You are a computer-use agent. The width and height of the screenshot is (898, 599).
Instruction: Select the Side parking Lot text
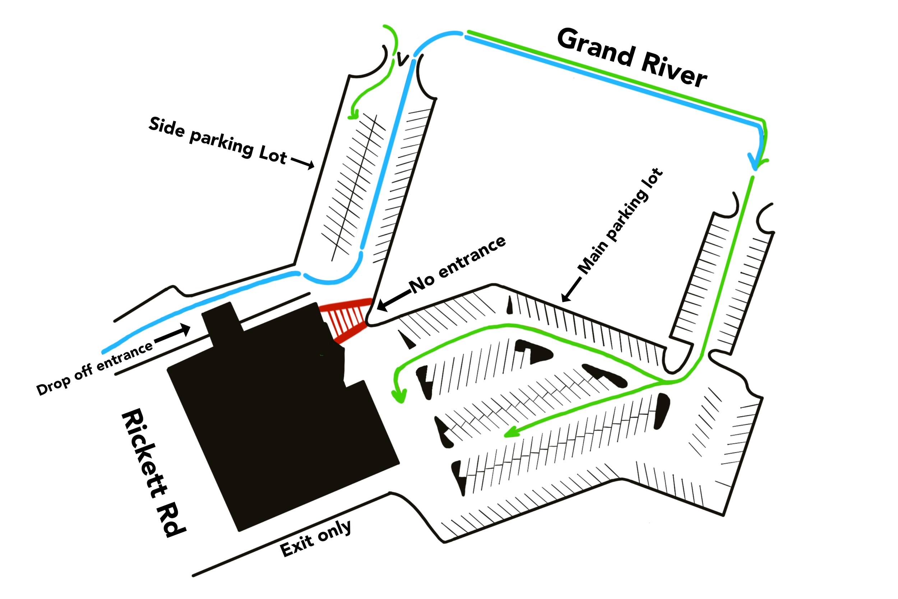pyautogui.click(x=218, y=140)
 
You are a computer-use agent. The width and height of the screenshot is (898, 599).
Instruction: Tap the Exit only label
pyautogui.click(x=315, y=539)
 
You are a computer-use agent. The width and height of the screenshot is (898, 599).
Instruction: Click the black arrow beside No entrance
pyautogui.click(x=393, y=300)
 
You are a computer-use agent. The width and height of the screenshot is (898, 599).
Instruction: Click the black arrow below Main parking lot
pyautogui.click(x=571, y=290)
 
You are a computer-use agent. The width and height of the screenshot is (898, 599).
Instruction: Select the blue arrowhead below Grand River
pyautogui.click(x=754, y=162)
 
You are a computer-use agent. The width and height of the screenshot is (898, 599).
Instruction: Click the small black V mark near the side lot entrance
pyautogui.click(x=402, y=59)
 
